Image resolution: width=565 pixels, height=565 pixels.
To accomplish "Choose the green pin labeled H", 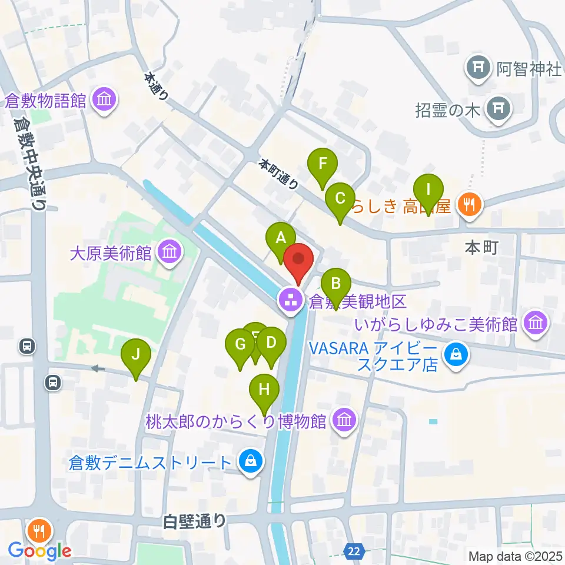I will tap(264, 390).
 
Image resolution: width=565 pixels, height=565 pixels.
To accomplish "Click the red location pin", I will tap(299, 260).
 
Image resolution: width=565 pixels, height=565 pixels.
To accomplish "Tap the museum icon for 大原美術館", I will tap(171, 253).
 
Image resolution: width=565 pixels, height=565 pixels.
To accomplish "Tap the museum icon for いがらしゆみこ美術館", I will tap(536, 323).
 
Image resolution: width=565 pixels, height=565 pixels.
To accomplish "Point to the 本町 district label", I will tap(481, 247).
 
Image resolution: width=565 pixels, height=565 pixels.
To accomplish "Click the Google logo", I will tap(40, 551).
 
